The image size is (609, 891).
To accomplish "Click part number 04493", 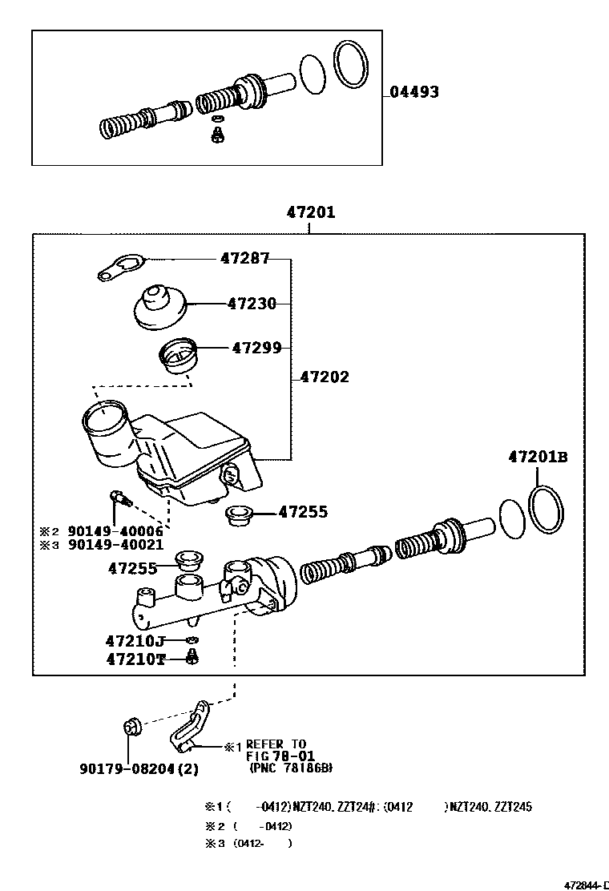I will point(414,92).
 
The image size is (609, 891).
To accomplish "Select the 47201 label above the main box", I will point(311,213).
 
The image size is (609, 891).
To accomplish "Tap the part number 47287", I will point(245,258).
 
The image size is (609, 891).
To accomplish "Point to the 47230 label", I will point(252,304).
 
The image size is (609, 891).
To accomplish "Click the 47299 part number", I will point(256,348).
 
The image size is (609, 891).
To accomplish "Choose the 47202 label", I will point(325,377).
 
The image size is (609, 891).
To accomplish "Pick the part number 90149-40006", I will point(115,531).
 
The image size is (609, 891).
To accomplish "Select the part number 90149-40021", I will point(115,545).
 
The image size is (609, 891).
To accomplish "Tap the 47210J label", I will point(135,641).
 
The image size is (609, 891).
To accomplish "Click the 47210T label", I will point(135,659).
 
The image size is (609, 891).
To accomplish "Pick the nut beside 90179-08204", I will point(132,728).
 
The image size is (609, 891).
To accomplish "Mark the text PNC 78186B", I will point(290,768).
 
